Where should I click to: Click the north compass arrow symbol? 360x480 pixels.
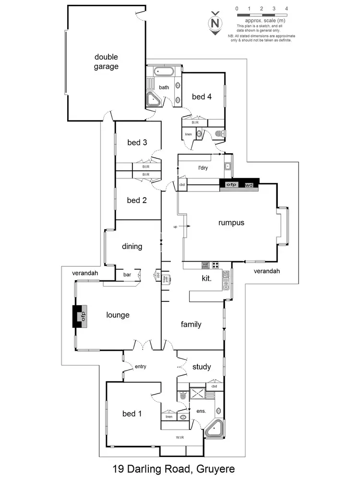[216, 23]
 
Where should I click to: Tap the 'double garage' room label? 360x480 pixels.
[106, 62]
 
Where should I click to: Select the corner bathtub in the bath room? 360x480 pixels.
[154, 100]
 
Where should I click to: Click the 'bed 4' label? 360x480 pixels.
[202, 96]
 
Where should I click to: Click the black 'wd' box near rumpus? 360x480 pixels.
[249, 185]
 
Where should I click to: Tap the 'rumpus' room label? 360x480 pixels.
[231, 223]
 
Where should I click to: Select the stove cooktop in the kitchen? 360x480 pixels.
[216, 264]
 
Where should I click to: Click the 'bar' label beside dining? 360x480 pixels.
[127, 275]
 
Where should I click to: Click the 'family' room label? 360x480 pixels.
[191, 324]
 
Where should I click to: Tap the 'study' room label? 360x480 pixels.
[202, 367]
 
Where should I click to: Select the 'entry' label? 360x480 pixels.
[140, 367]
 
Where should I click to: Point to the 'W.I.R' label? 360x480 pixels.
[180, 437]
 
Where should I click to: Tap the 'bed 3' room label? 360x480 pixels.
[137, 143]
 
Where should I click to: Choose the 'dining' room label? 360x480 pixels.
[132, 247]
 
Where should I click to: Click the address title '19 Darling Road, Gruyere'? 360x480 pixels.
[173, 468]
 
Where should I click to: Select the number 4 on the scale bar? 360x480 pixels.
[286, 9]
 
